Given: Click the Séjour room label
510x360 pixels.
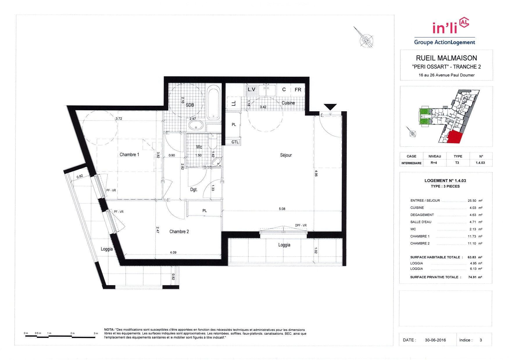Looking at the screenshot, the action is [286, 155].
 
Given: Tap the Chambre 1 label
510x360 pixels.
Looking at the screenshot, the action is [129, 154].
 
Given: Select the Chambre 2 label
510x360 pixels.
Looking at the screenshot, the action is [179, 231].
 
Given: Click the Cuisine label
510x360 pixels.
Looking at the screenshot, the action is [288, 103].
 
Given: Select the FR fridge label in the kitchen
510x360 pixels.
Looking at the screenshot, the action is [298, 90].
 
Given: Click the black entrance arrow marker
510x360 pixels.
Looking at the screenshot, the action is [330, 107].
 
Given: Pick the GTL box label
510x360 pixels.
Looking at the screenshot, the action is [235, 142].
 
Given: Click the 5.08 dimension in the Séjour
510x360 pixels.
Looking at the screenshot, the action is [282, 209].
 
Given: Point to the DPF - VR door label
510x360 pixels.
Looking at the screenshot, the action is [301, 226].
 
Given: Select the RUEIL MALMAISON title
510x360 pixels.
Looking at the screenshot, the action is [446, 58].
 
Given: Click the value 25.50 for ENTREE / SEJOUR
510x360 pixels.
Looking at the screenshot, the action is [472, 201].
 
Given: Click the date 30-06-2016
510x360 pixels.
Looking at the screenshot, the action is [435, 340].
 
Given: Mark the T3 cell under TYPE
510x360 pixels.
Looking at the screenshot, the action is [457, 163].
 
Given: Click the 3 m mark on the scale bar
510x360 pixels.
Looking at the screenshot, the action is [95, 336].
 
